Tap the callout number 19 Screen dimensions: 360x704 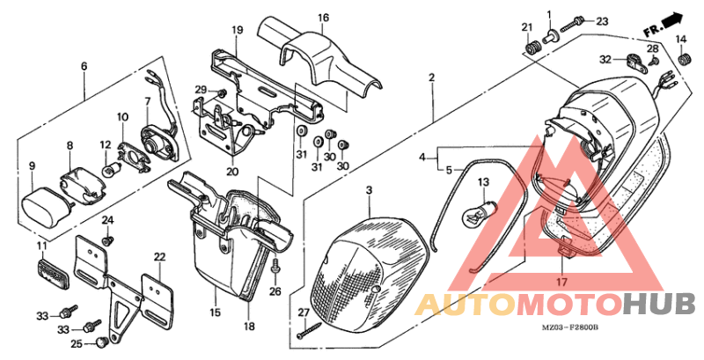237,31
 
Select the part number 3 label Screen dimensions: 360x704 370,190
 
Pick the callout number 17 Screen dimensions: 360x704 560,283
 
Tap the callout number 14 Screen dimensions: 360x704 680,40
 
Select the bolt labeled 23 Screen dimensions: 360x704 577,21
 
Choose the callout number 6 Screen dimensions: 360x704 84,66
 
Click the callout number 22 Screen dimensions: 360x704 159,257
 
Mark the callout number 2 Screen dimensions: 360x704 432,78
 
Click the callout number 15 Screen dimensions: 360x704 215,312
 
